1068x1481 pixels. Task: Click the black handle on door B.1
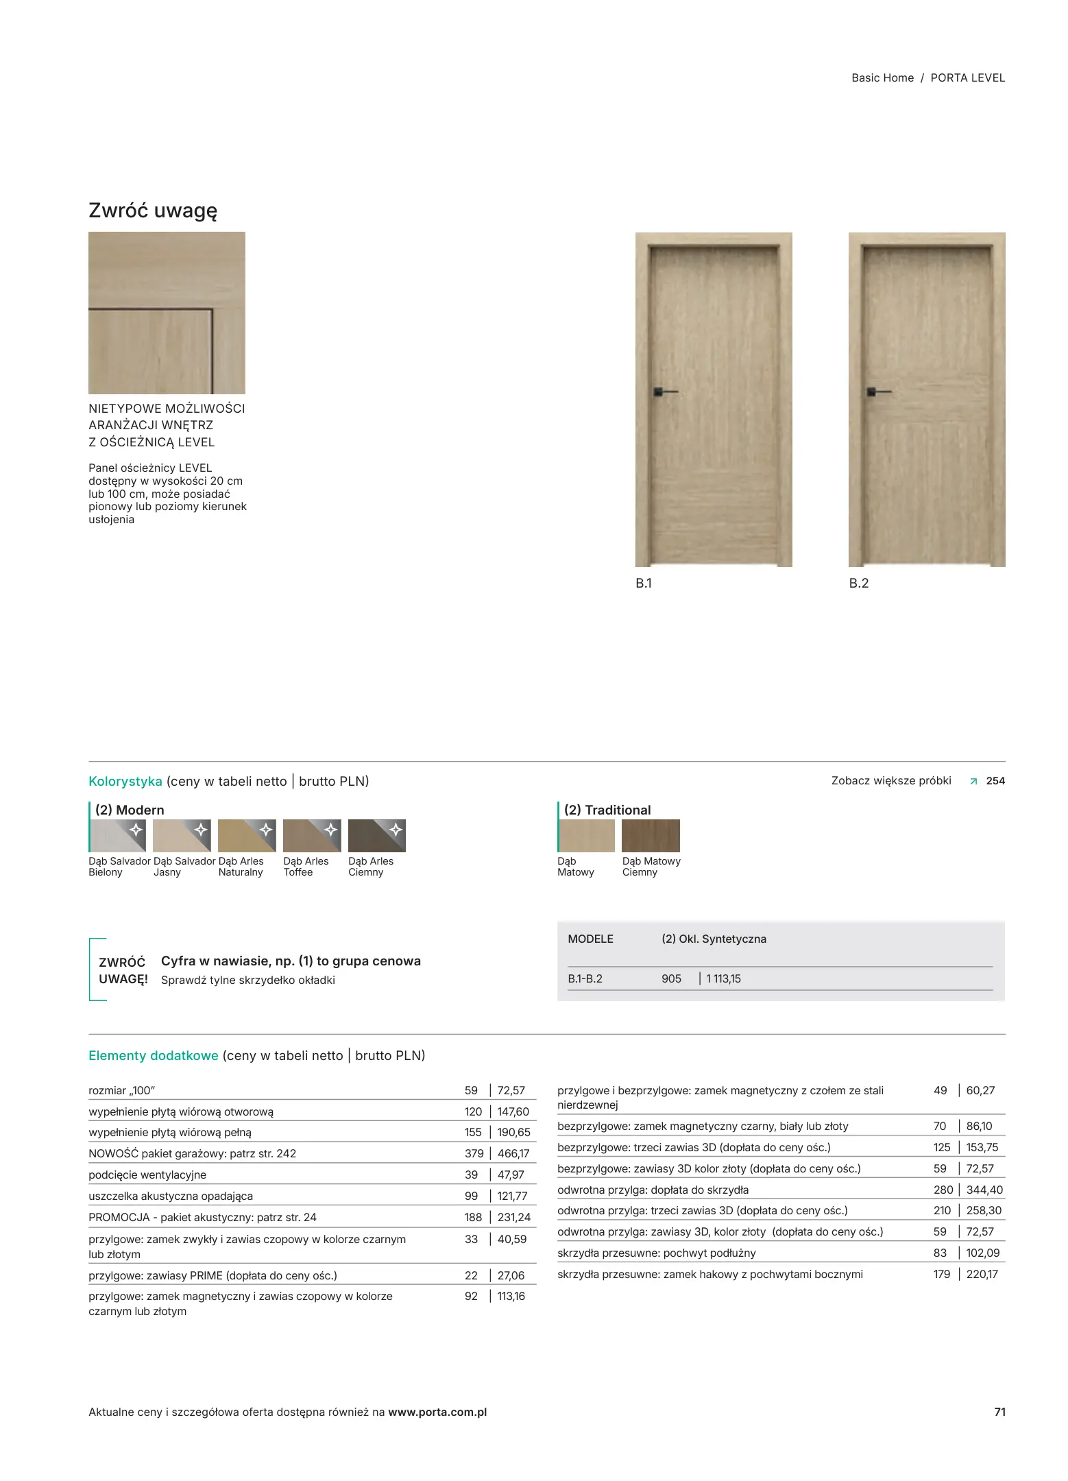(662, 392)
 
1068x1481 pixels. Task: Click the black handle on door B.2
(875, 392)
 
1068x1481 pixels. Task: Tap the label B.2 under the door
(858, 583)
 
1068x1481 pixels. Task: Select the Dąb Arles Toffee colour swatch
(312, 835)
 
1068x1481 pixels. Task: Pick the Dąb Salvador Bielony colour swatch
(117, 835)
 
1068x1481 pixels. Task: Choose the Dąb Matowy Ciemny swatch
(651, 835)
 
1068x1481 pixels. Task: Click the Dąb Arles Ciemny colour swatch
(377, 835)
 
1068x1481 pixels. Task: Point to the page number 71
(999, 1412)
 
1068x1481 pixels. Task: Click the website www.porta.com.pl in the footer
(437, 1412)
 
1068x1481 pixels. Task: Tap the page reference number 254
(995, 780)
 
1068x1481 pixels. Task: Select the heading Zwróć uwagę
(153, 210)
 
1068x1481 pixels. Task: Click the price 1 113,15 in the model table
(723, 978)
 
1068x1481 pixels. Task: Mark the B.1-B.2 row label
(585, 978)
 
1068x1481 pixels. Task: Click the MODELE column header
(590, 939)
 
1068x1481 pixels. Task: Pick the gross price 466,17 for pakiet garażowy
(513, 1153)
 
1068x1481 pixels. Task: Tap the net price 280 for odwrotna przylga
(943, 1190)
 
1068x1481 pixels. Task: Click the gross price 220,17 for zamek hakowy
(982, 1274)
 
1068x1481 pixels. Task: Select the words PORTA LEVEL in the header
(967, 78)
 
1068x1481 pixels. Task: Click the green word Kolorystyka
(125, 781)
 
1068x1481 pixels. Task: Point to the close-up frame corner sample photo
(167, 313)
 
